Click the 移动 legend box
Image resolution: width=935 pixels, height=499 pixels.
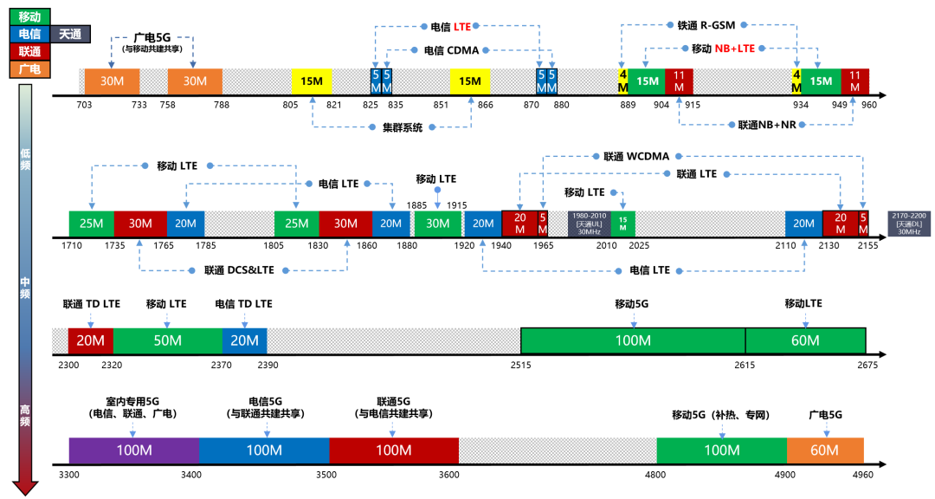[29, 16]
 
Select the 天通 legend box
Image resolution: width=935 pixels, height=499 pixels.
[71, 35]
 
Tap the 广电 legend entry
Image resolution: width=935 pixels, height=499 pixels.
[29, 69]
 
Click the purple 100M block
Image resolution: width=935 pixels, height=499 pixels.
[133, 450]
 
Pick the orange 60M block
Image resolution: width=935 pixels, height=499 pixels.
[824, 450]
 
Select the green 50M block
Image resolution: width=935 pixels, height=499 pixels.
[167, 340]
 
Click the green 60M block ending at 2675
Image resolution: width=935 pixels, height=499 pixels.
[804, 340]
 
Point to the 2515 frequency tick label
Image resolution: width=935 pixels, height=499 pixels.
[520, 366]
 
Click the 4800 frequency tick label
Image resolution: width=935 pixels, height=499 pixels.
[655, 475]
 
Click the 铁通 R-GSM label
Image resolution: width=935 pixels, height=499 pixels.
[706, 26]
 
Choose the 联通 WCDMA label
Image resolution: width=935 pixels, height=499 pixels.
[632, 157]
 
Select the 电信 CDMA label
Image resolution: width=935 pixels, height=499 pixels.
[451, 50]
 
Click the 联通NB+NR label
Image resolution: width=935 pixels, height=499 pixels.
[766, 126]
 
